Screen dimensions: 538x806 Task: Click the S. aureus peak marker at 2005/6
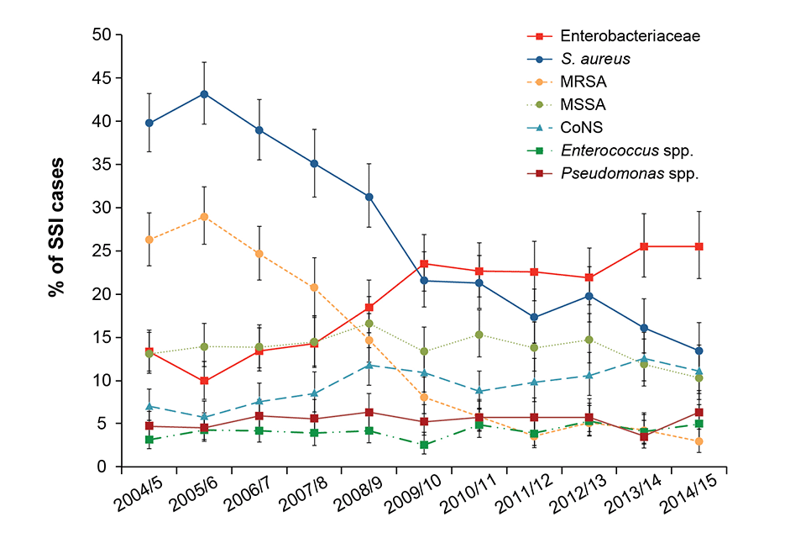pos(204,94)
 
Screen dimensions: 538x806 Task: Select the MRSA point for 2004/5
pos(149,240)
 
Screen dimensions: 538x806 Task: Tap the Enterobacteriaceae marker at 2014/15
pos(698,246)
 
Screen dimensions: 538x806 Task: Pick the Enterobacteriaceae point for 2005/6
pos(204,381)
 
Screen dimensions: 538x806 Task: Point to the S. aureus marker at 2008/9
pos(369,197)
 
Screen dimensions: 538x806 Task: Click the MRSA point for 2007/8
pos(314,287)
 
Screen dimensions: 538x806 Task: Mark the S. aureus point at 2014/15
pos(698,351)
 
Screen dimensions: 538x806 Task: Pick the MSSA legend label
pos(583,105)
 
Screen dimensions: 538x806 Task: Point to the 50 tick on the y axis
pos(105,35)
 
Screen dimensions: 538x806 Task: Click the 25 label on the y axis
pos(105,251)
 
